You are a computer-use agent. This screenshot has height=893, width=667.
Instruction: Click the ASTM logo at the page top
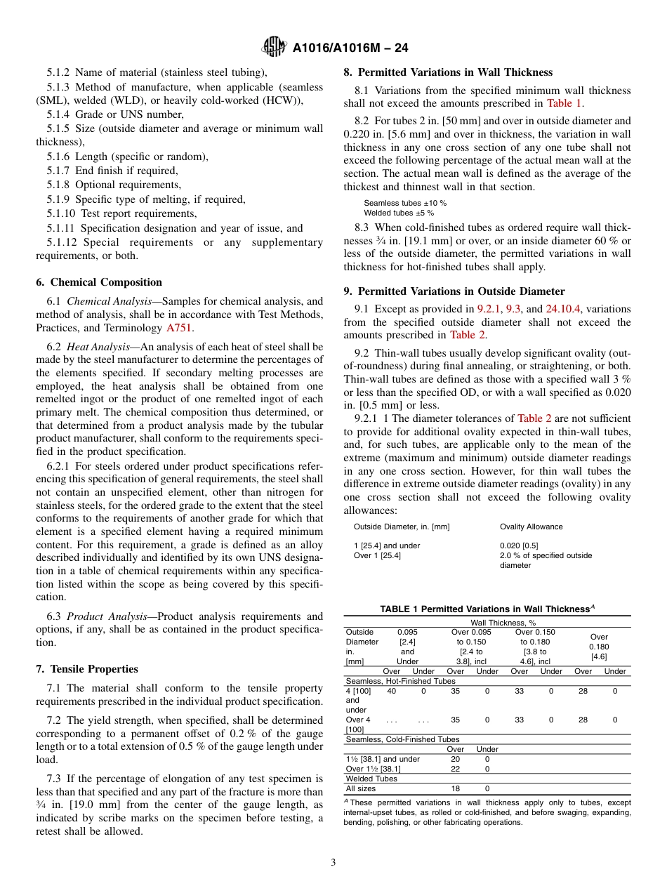[273, 47]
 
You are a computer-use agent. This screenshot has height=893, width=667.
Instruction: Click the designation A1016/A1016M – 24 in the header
[350, 48]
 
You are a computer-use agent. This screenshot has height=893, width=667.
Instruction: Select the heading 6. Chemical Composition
[98, 282]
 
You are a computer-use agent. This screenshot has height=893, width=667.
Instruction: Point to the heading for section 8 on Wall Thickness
[448, 72]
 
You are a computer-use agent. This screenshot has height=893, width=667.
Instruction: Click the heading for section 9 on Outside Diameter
[454, 291]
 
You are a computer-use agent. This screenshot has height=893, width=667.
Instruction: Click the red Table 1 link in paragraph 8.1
[564, 103]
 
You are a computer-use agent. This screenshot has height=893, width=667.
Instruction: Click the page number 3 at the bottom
[333, 862]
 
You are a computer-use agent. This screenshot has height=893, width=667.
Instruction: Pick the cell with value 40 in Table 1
[391, 691]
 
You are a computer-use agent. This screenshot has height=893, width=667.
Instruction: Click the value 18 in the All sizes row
[455, 788]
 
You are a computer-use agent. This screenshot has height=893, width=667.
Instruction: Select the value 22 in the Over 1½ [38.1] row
[455, 769]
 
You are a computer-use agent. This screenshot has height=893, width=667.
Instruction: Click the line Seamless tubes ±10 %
[404, 203]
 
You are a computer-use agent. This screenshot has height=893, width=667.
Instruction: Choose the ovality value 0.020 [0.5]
[519, 545]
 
